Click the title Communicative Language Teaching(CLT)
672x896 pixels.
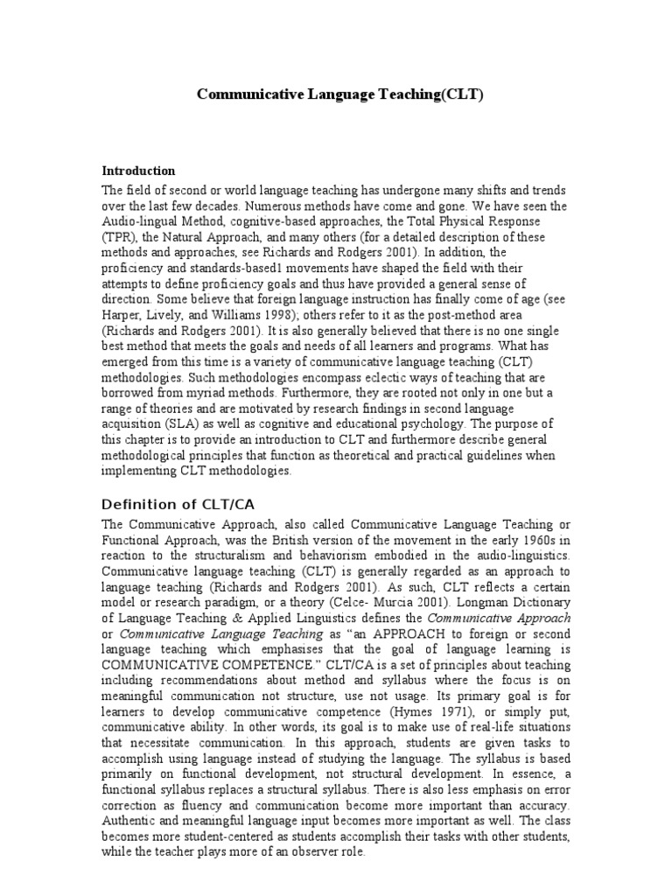(339, 94)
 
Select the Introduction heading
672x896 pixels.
(138, 171)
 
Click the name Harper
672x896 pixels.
(123, 317)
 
